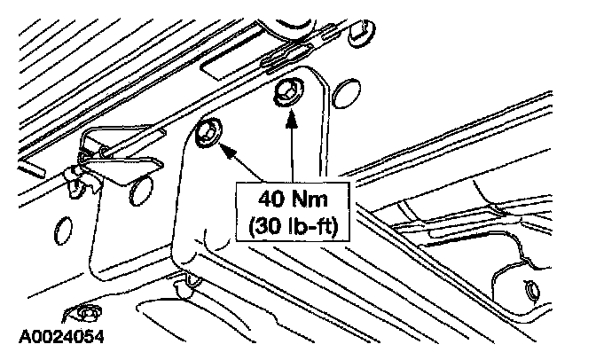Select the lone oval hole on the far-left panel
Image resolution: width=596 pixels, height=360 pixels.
[x=62, y=231]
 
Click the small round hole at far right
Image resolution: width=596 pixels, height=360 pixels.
[x=531, y=291]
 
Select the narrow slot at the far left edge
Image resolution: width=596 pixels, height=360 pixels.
[x=30, y=168]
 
